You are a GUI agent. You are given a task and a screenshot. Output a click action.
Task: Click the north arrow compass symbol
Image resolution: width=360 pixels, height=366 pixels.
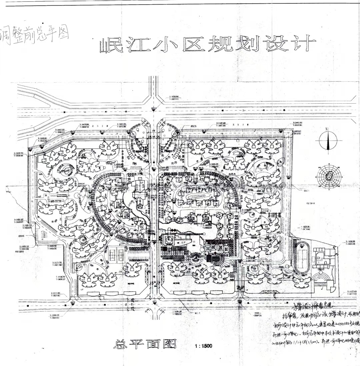pyautogui.click(x=328, y=141)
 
